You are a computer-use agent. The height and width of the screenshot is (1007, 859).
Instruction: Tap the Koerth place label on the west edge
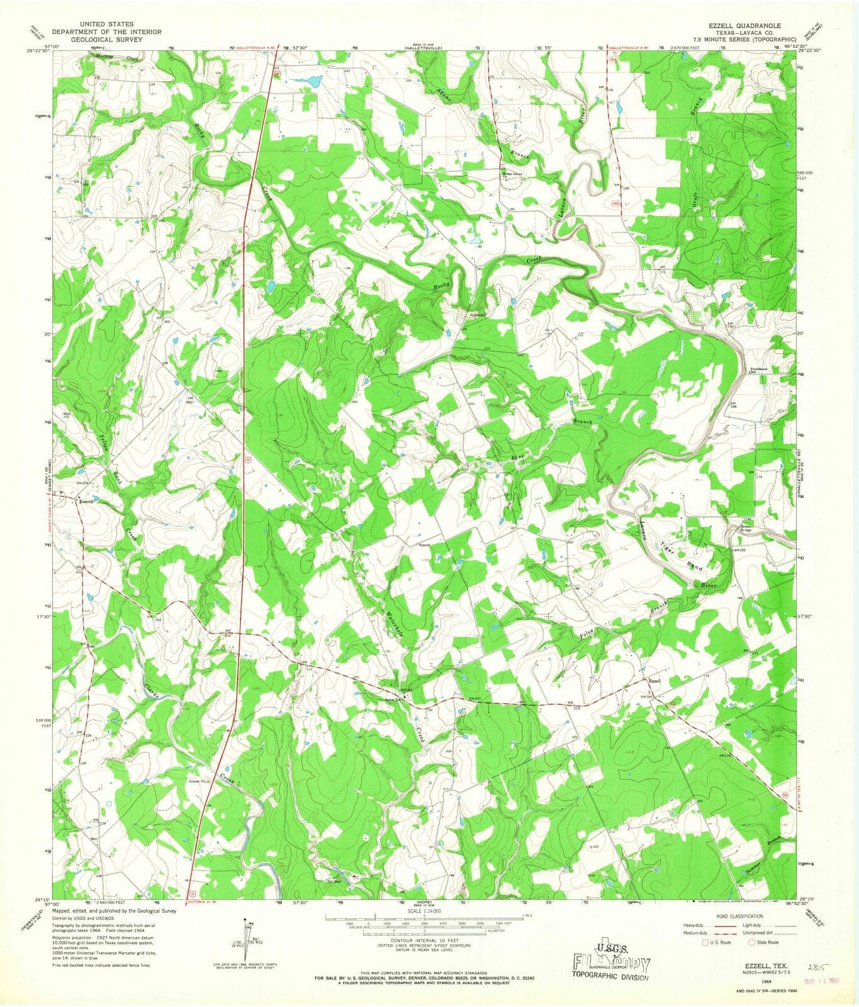(x=86, y=502)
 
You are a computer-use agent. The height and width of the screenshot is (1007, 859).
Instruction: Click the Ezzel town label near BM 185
(x=655, y=682)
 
